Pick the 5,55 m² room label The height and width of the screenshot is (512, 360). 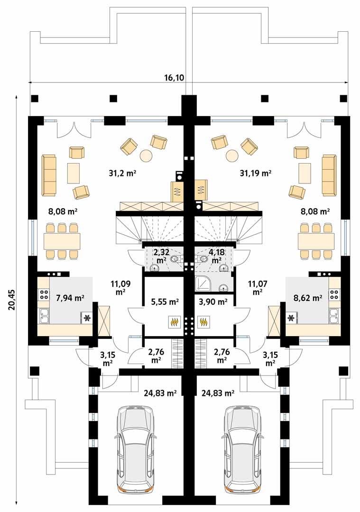click(x=164, y=301)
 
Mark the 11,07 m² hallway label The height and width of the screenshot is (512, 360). click(x=258, y=288)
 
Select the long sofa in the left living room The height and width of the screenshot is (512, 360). click(x=48, y=175)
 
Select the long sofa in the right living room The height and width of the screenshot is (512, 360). click(x=329, y=175)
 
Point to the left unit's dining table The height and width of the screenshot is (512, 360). click(x=62, y=241)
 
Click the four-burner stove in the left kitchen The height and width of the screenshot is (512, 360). click(x=44, y=294)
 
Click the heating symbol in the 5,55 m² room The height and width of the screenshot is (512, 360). click(x=174, y=322)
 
